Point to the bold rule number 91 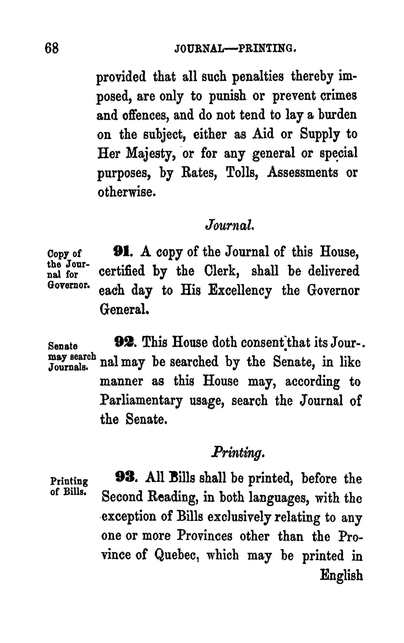point(121,252)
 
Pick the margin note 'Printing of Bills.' point(69,486)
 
